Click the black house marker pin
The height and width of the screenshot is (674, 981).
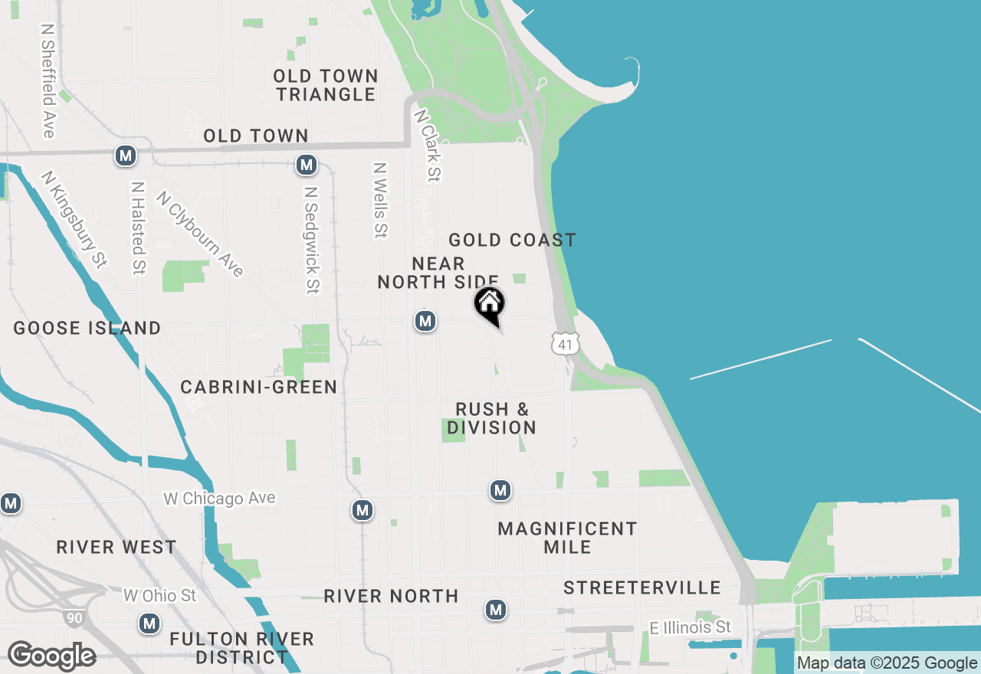[x=490, y=306]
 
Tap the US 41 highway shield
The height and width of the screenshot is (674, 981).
[x=565, y=344]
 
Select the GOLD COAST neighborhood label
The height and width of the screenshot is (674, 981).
[x=512, y=240]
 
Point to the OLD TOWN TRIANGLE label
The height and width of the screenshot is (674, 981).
[x=326, y=85]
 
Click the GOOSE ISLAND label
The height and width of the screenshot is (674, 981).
[x=87, y=329]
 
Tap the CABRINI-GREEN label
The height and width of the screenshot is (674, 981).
[x=259, y=388]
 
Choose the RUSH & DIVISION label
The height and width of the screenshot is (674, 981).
[x=491, y=418]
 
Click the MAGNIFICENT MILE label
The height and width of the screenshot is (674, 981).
[x=567, y=538]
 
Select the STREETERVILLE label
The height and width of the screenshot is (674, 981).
[x=642, y=587]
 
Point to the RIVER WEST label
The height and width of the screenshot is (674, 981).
[x=116, y=548]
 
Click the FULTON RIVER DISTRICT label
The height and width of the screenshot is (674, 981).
[x=241, y=648]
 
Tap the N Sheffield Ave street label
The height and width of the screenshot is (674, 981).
[x=48, y=80]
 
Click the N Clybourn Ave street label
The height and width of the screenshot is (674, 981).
[x=200, y=234]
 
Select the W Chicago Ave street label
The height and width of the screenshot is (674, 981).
[x=219, y=499]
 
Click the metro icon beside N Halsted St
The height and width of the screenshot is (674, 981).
[x=126, y=156]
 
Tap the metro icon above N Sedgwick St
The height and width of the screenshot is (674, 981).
[x=307, y=165]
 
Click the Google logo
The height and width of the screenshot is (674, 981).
[x=51, y=656]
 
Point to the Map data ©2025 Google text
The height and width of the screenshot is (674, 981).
[x=887, y=663]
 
